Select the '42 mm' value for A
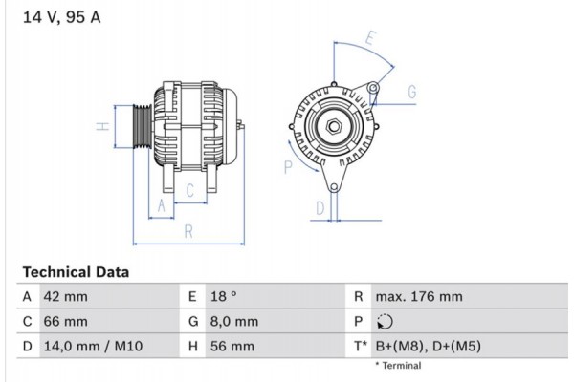coord(65,297)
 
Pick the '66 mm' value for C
coord(65,322)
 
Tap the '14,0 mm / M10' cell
coord(93,346)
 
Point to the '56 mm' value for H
coord(230,346)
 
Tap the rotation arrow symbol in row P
coord(386,322)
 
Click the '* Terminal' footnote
coord(398,366)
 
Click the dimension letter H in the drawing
coord(99,126)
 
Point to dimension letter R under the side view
coord(189,231)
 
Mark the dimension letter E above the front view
coord(371,40)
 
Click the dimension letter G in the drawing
coord(412,92)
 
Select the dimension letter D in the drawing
coord(321,207)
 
